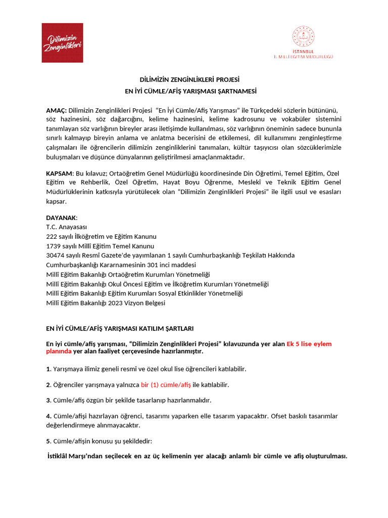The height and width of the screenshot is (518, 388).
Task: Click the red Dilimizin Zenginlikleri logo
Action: point(62,42)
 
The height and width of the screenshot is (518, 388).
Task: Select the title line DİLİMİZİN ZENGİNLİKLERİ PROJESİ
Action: point(189,80)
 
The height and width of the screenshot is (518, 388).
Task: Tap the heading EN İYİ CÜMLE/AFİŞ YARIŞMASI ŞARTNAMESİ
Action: point(191,92)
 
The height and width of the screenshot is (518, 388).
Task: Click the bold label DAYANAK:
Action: point(62,218)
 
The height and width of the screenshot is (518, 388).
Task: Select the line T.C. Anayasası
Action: point(66,227)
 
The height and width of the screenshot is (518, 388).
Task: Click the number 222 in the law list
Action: point(52,237)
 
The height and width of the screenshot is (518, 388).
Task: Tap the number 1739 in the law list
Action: point(54,246)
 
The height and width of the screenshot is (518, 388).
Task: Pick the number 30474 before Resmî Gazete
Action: point(55,255)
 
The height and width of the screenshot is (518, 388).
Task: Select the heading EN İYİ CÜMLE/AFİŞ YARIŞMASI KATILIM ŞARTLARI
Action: point(120,328)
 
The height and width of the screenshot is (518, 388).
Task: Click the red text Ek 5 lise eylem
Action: point(309,344)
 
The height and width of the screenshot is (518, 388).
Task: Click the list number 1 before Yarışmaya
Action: point(48,369)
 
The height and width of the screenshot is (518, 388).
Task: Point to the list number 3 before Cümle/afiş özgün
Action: point(48,400)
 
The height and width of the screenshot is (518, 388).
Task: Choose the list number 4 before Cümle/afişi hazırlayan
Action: point(48,416)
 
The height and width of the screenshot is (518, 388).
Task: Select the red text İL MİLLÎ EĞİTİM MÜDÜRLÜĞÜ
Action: point(303,57)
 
